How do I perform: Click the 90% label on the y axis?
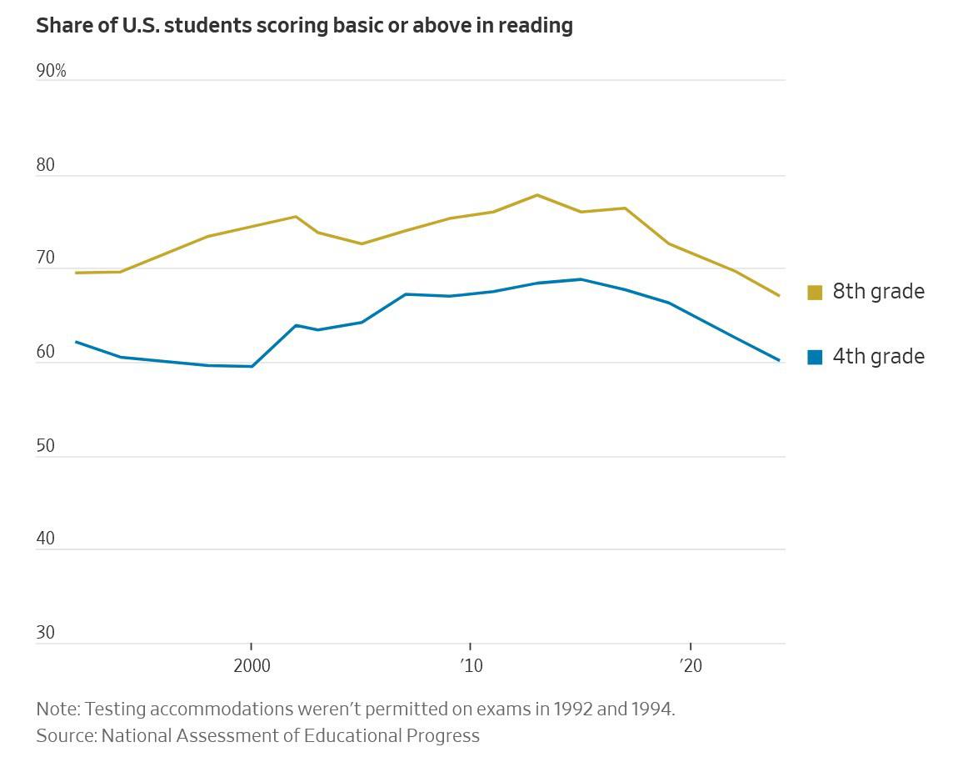coord(51,72)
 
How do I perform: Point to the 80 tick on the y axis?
coord(46,165)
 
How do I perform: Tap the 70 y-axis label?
coord(46,258)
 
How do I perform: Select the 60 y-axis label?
coord(46,353)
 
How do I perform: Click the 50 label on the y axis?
coord(46,446)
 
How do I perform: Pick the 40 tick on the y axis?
coord(46,539)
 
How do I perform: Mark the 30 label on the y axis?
coord(46,633)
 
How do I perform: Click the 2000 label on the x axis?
coord(252,665)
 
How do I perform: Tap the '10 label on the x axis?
coord(471,665)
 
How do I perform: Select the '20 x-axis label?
coord(691,665)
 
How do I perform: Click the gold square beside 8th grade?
coord(815,292)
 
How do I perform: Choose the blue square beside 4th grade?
coord(815,357)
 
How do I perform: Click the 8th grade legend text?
coord(878,292)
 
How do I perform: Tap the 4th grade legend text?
coord(878,357)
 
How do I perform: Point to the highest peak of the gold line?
coord(537,195)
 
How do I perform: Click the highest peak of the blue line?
coord(581,279)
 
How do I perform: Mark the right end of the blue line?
coord(779,360)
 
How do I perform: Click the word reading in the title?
coord(536,26)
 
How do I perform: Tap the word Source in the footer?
coord(65,735)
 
